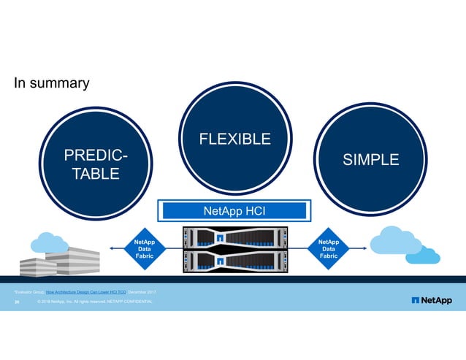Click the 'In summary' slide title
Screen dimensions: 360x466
coord(52,83)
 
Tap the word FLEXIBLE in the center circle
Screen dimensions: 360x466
coord(235,139)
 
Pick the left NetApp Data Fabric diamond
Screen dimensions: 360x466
coord(145,248)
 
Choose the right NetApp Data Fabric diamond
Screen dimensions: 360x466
coord(329,248)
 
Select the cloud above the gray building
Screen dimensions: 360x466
coord(50,240)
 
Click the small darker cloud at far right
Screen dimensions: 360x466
coord(423,255)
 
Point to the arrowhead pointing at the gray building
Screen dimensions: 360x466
coord(112,249)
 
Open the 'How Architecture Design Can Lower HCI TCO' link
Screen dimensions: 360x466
coord(86,292)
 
